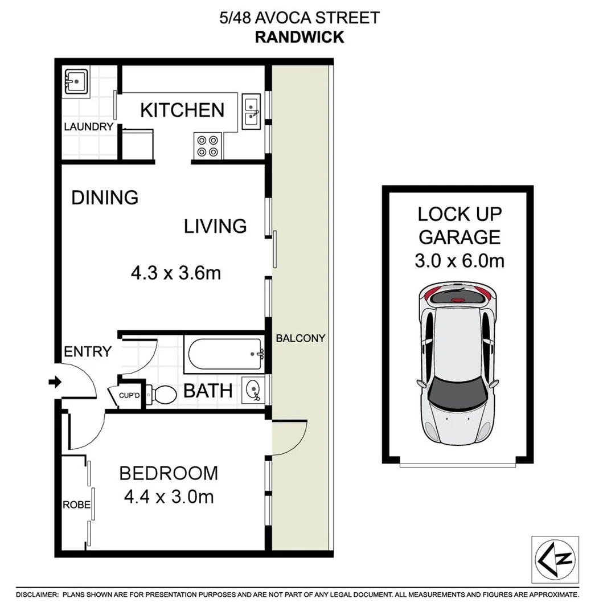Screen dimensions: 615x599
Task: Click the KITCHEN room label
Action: tap(182, 110)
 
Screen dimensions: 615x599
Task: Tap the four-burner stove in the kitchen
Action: tap(207, 145)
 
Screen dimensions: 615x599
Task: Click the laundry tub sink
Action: tap(75, 81)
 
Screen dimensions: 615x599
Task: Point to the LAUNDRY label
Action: tap(88, 127)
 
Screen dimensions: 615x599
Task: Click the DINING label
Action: tap(105, 198)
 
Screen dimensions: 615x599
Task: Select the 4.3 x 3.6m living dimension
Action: tap(175, 273)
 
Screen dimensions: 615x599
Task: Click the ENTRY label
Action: tap(87, 351)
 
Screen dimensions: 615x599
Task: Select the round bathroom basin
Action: tap(253, 389)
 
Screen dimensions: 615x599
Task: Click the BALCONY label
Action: tap(300, 338)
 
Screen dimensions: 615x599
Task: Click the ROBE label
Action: tap(74, 505)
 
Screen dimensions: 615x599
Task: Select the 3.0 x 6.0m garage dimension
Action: tap(459, 261)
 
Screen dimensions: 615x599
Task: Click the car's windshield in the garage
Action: tap(458, 395)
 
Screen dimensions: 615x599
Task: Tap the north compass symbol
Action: tap(555, 559)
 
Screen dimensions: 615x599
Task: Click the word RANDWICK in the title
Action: tap(299, 37)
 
